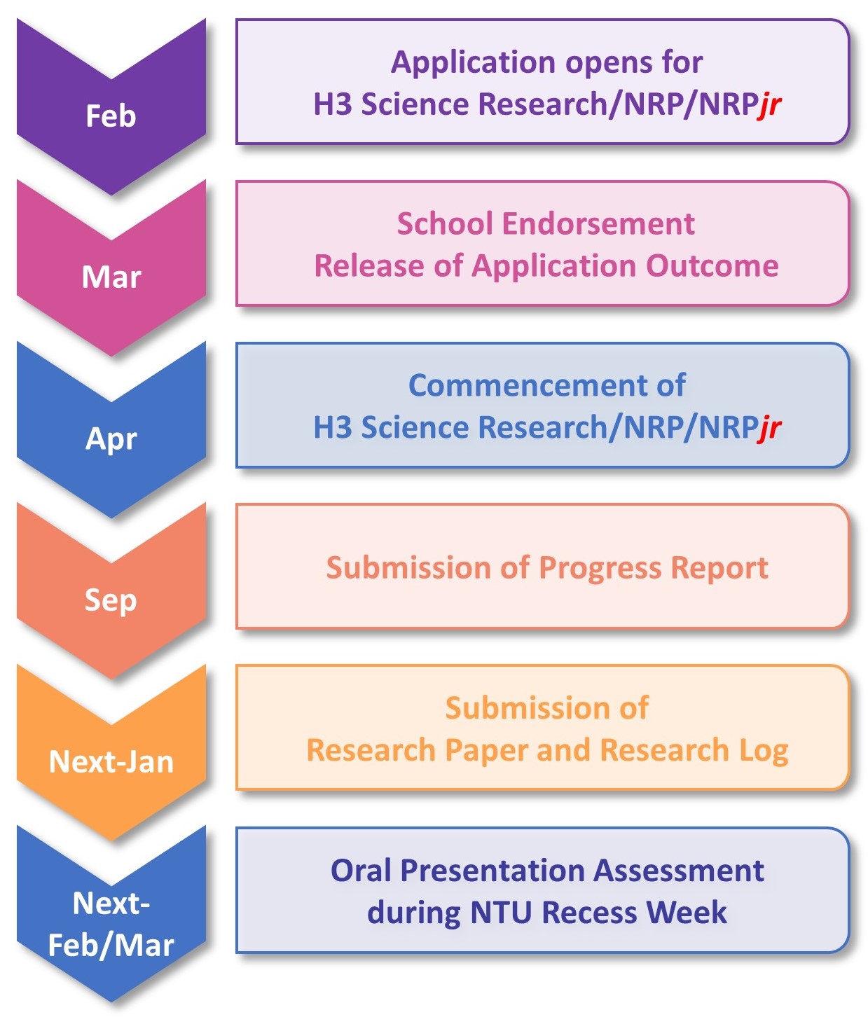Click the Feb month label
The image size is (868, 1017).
(111, 116)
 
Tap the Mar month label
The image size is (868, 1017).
(111, 277)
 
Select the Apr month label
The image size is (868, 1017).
(111, 439)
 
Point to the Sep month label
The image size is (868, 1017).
(111, 601)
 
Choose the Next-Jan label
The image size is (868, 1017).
(111, 761)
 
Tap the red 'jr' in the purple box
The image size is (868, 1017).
(769, 105)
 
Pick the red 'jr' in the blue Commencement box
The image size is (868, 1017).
(769, 427)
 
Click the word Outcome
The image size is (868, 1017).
(712, 265)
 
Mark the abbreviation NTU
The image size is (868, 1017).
(502, 913)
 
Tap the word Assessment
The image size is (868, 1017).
(679, 871)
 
